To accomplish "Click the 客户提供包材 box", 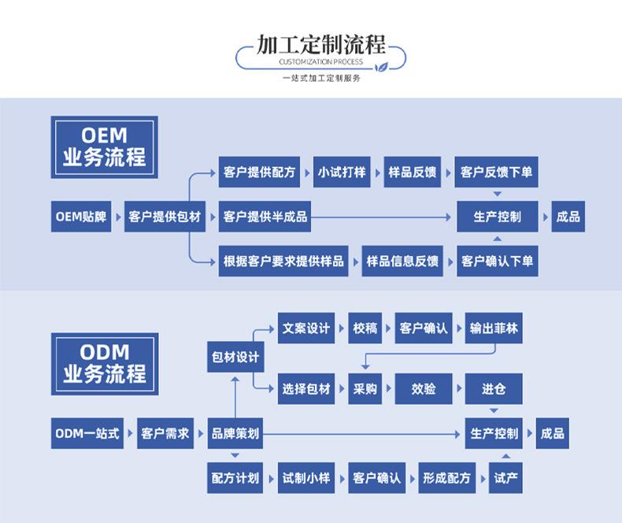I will (x=164, y=217).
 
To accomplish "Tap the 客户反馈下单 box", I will (x=497, y=172).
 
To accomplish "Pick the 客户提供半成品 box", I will (x=265, y=217).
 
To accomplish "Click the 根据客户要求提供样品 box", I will (x=283, y=261).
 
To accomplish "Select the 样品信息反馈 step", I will (x=402, y=261).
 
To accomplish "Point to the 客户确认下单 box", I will (x=497, y=261).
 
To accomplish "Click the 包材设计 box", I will (x=235, y=357).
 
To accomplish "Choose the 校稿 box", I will (x=365, y=328).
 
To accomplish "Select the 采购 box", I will (x=365, y=388).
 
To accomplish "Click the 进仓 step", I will (x=494, y=388).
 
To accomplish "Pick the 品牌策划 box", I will (x=235, y=433).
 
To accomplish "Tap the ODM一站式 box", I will (x=88, y=433).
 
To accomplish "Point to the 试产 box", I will (x=505, y=478).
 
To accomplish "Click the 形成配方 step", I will (x=446, y=478).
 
